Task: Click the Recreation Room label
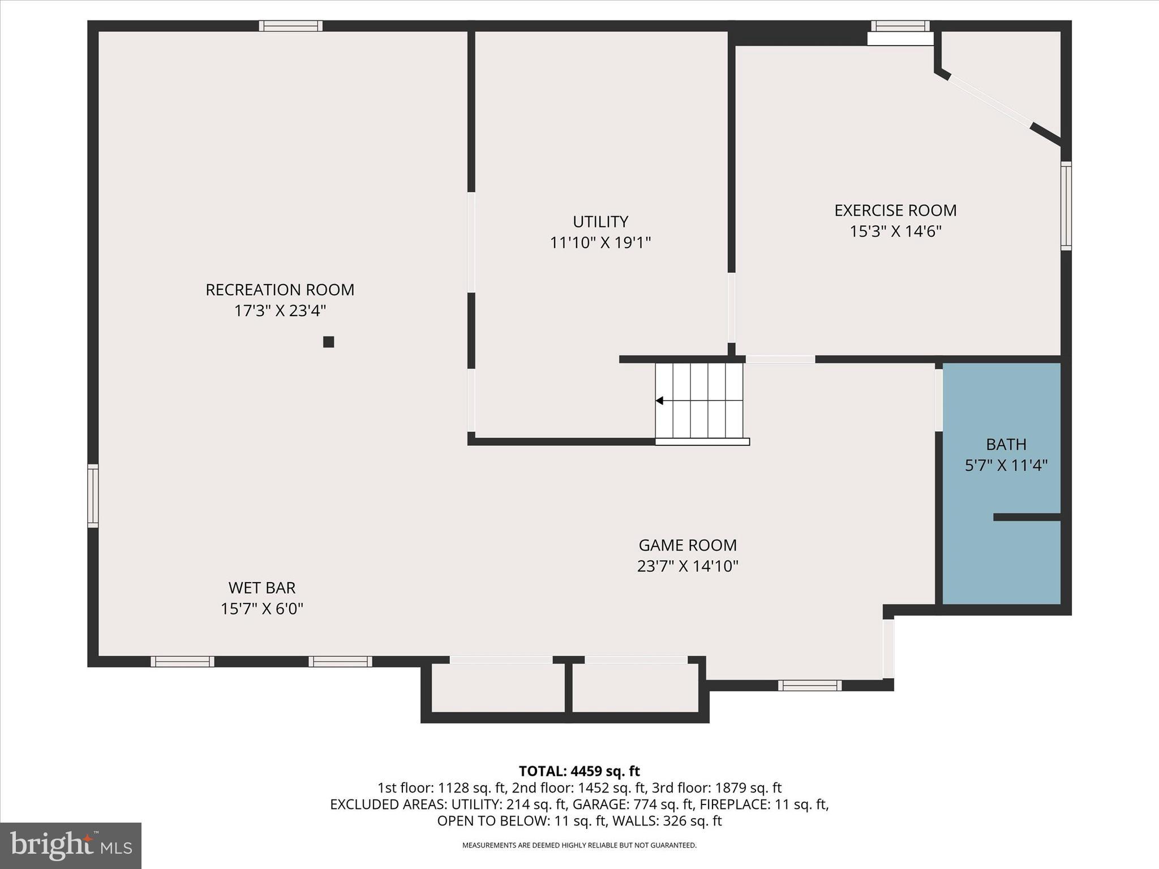(280, 290)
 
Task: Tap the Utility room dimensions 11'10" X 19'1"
(600, 243)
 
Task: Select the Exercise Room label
(895, 210)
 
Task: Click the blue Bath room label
(1006, 444)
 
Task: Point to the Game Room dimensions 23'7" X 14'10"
(688, 566)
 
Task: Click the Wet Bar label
(262, 588)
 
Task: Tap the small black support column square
(328, 342)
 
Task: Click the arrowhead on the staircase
(659, 401)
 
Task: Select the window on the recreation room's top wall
(291, 26)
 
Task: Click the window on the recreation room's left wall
(93, 496)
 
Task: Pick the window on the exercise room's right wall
(1066, 206)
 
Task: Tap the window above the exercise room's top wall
(900, 26)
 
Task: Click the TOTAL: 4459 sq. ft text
(579, 771)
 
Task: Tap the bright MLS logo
(71, 845)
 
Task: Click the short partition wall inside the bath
(1027, 517)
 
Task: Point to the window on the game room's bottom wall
(809, 685)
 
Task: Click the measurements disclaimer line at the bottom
(579, 845)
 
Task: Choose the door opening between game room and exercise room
(780, 359)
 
